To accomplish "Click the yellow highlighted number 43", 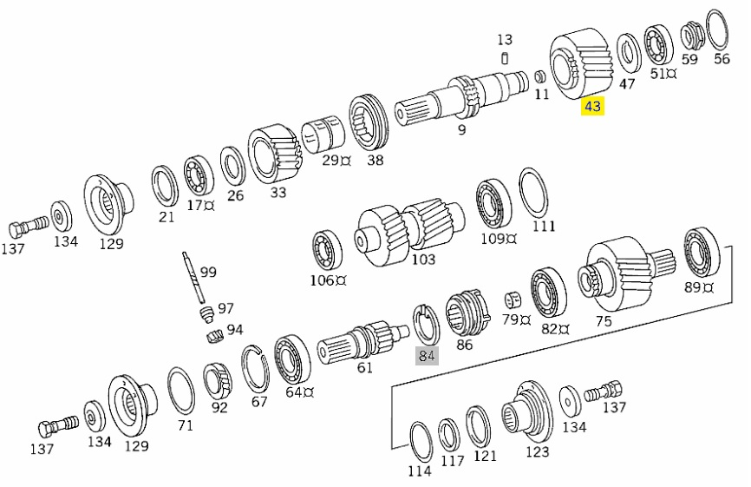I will [592, 107].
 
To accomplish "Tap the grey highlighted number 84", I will [426, 355].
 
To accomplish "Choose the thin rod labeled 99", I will [192, 275].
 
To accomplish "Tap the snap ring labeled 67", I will [256, 370].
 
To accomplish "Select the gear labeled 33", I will [274, 155].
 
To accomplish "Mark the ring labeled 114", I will [421, 442].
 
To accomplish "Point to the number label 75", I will [604, 320].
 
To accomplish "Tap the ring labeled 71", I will [181, 391].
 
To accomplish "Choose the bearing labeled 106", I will [329, 250].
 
